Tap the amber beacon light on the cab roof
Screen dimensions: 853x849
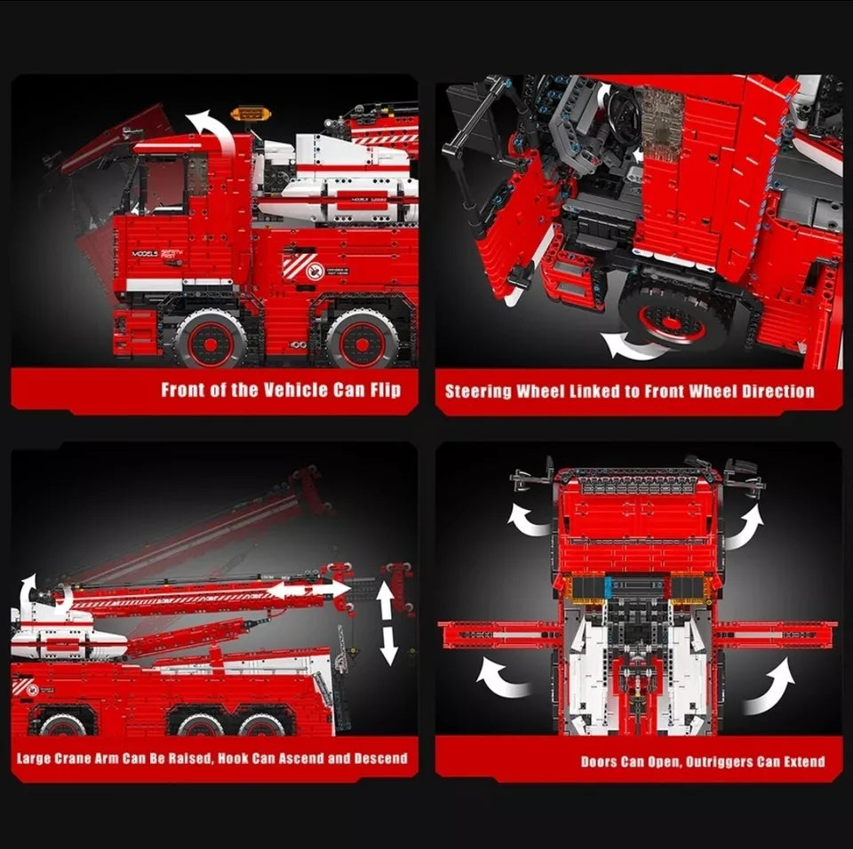pos(251,115)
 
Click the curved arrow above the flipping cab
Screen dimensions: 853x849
pos(211,130)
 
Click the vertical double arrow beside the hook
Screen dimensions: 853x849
pos(387,623)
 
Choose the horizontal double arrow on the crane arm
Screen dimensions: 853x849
pos(308,589)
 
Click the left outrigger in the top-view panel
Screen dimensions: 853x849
pos(499,635)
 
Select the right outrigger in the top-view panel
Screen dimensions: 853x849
pos(775,635)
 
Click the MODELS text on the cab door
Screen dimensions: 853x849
pos(144,253)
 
